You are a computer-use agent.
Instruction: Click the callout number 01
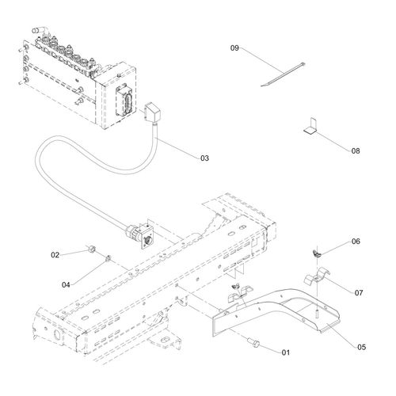click(286, 352)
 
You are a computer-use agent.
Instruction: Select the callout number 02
click(55, 255)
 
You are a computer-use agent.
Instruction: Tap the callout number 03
click(204, 158)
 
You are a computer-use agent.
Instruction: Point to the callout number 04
click(66, 285)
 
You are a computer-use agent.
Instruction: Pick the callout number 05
click(362, 347)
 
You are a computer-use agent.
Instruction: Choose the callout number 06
click(356, 242)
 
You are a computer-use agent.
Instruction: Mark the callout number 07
click(359, 293)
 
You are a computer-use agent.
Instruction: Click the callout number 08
click(356, 151)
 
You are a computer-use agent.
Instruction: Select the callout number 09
click(234, 48)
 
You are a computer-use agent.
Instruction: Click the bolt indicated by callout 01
click(254, 343)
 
